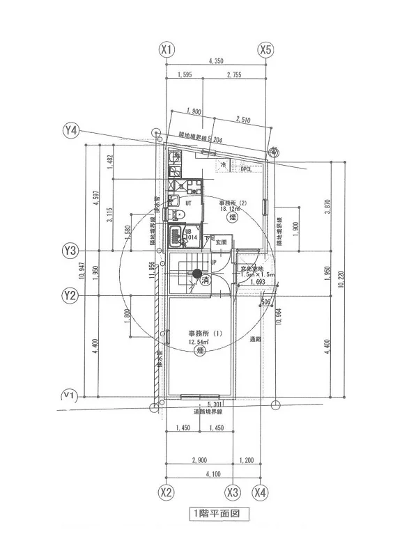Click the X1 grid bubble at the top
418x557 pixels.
(x=166, y=50)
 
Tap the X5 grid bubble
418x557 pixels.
(x=265, y=50)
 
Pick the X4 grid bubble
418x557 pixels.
(x=261, y=492)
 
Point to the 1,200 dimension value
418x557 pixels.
(x=247, y=460)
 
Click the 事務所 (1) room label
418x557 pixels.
(x=205, y=334)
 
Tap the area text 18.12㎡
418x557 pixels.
(x=230, y=208)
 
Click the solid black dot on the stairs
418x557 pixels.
(x=198, y=273)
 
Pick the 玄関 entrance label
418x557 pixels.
(x=221, y=242)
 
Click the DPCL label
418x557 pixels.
(x=246, y=168)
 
